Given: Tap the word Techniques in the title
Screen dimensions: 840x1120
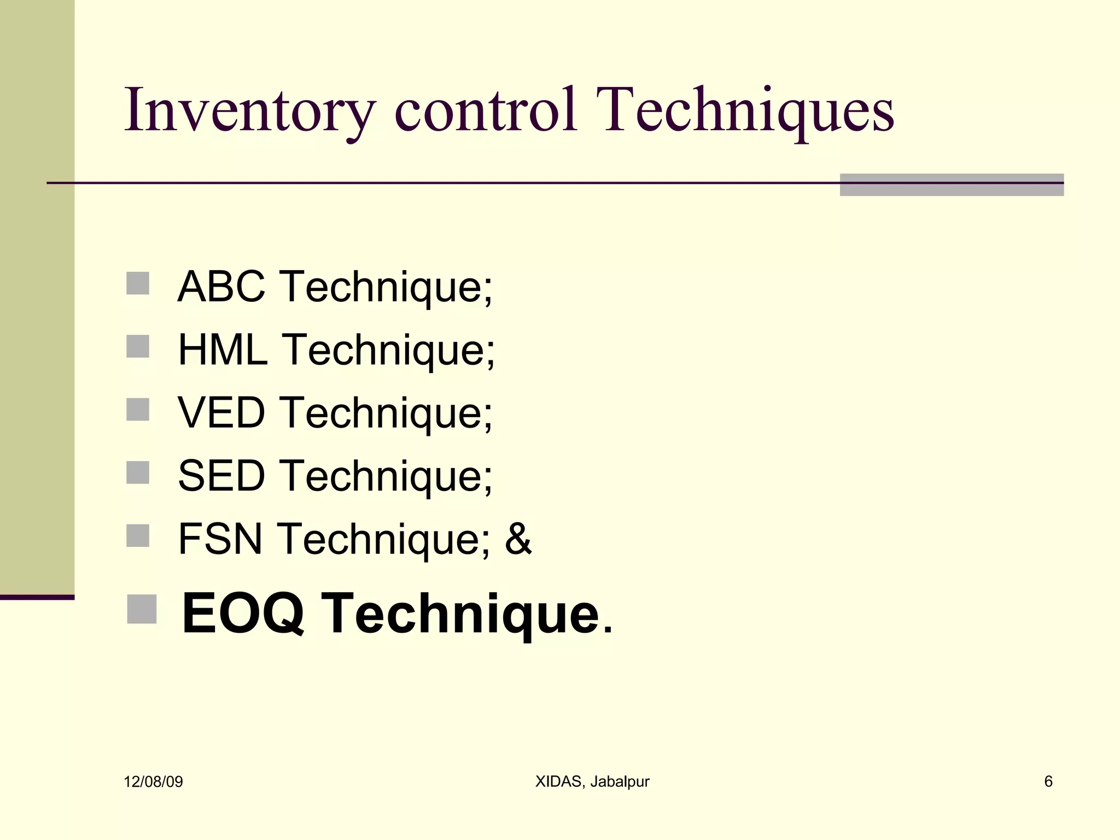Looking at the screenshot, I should [x=745, y=111].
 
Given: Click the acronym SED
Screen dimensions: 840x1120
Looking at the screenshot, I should [x=221, y=476].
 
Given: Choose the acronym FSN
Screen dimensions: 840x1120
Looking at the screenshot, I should [x=220, y=539].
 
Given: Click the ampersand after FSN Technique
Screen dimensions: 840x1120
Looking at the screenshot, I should [x=518, y=539].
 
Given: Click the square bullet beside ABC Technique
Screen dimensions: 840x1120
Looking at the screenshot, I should [x=138, y=283].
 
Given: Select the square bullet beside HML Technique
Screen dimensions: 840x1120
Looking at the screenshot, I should [x=138, y=346].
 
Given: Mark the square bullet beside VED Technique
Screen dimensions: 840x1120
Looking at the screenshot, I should [x=138, y=409].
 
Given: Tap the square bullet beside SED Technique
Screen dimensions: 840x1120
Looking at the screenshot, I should [x=138, y=472].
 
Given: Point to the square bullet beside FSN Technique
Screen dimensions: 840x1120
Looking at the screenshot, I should [x=138, y=535].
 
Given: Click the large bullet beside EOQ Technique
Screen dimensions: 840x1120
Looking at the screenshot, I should [x=142, y=609].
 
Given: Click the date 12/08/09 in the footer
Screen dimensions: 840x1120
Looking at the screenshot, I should [x=153, y=781].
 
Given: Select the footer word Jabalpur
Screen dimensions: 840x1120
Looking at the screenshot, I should [x=620, y=781].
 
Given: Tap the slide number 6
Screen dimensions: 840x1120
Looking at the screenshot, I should [x=1048, y=781].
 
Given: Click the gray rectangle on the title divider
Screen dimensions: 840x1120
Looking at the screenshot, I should [x=952, y=185].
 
